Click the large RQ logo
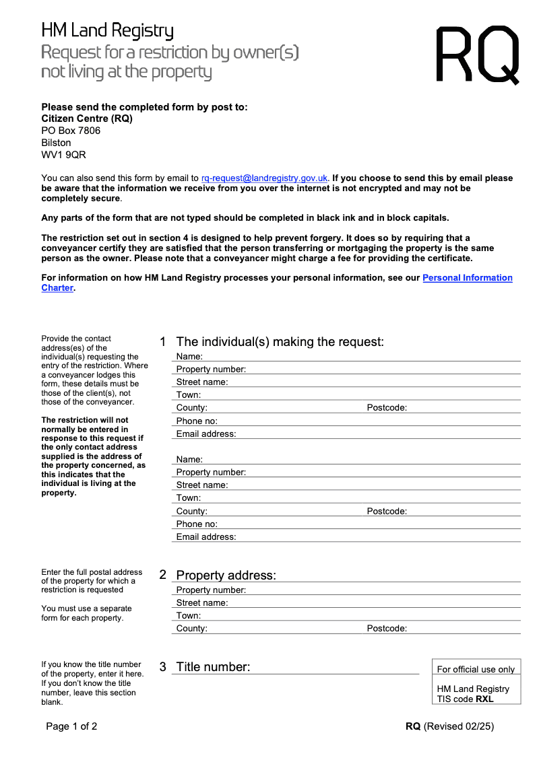pyautogui.click(x=478, y=55)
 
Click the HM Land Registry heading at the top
pyautogui.click(x=108, y=31)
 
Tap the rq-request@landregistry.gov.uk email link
pyautogui.click(x=265, y=178)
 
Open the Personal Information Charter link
pyautogui.click(x=467, y=278)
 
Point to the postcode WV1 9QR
pyautogui.click(x=64, y=155)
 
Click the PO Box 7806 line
pyautogui.click(x=71, y=131)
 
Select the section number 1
pyautogui.click(x=162, y=342)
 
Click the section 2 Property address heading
pyautogui.click(x=226, y=576)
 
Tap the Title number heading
pyautogui.click(x=213, y=667)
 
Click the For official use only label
pyautogui.click(x=476, y=669)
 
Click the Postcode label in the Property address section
pyautogui.click(x=387, y=629)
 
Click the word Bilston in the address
pyautogui.click(x=56, y=143)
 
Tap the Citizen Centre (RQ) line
pyautogui.click(x=87, y=118)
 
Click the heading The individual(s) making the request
pyautogui.click(x=280, y=342)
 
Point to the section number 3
pyautogui.click(x=162, y=667)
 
